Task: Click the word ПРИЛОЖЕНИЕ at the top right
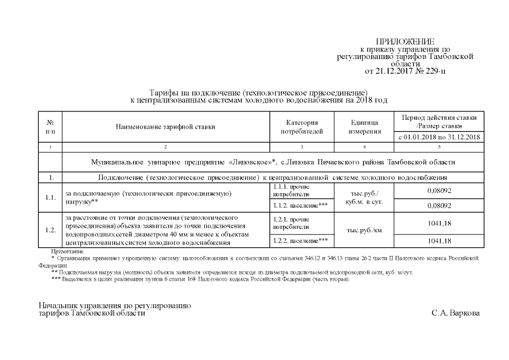405,42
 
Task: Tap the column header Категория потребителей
301,127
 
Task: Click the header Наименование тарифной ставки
165,127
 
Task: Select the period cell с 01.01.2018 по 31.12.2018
439,137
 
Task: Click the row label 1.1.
51,197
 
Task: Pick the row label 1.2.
51,230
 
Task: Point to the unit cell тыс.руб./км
364,230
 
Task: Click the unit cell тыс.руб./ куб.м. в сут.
364,197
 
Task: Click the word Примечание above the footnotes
67,251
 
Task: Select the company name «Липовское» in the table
251,162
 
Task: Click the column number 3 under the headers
301,147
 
